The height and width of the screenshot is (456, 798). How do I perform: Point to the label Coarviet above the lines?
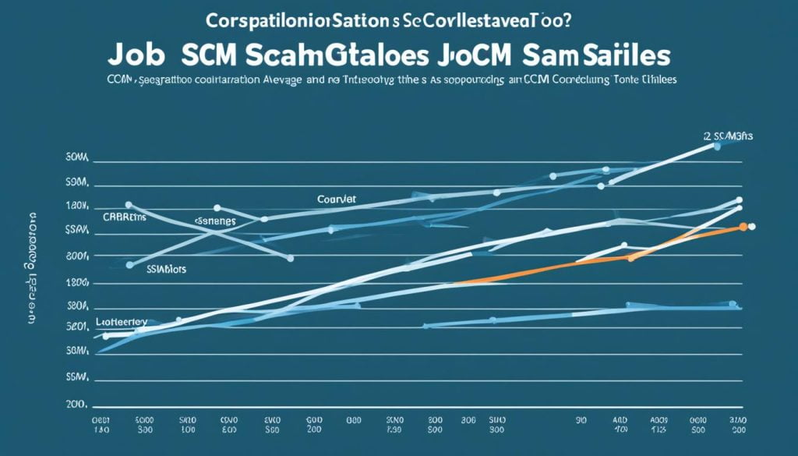337,200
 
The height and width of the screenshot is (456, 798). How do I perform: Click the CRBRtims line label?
124,217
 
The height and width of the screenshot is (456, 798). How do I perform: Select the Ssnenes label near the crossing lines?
214,221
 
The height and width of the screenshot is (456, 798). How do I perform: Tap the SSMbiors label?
168,267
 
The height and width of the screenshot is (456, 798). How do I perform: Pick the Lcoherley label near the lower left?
122,320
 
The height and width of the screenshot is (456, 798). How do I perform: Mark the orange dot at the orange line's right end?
743,226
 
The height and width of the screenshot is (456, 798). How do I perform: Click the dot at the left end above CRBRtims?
128,204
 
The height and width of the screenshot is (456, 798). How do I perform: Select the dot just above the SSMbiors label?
129,265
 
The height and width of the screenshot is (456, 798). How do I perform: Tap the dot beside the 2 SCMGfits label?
717,146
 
